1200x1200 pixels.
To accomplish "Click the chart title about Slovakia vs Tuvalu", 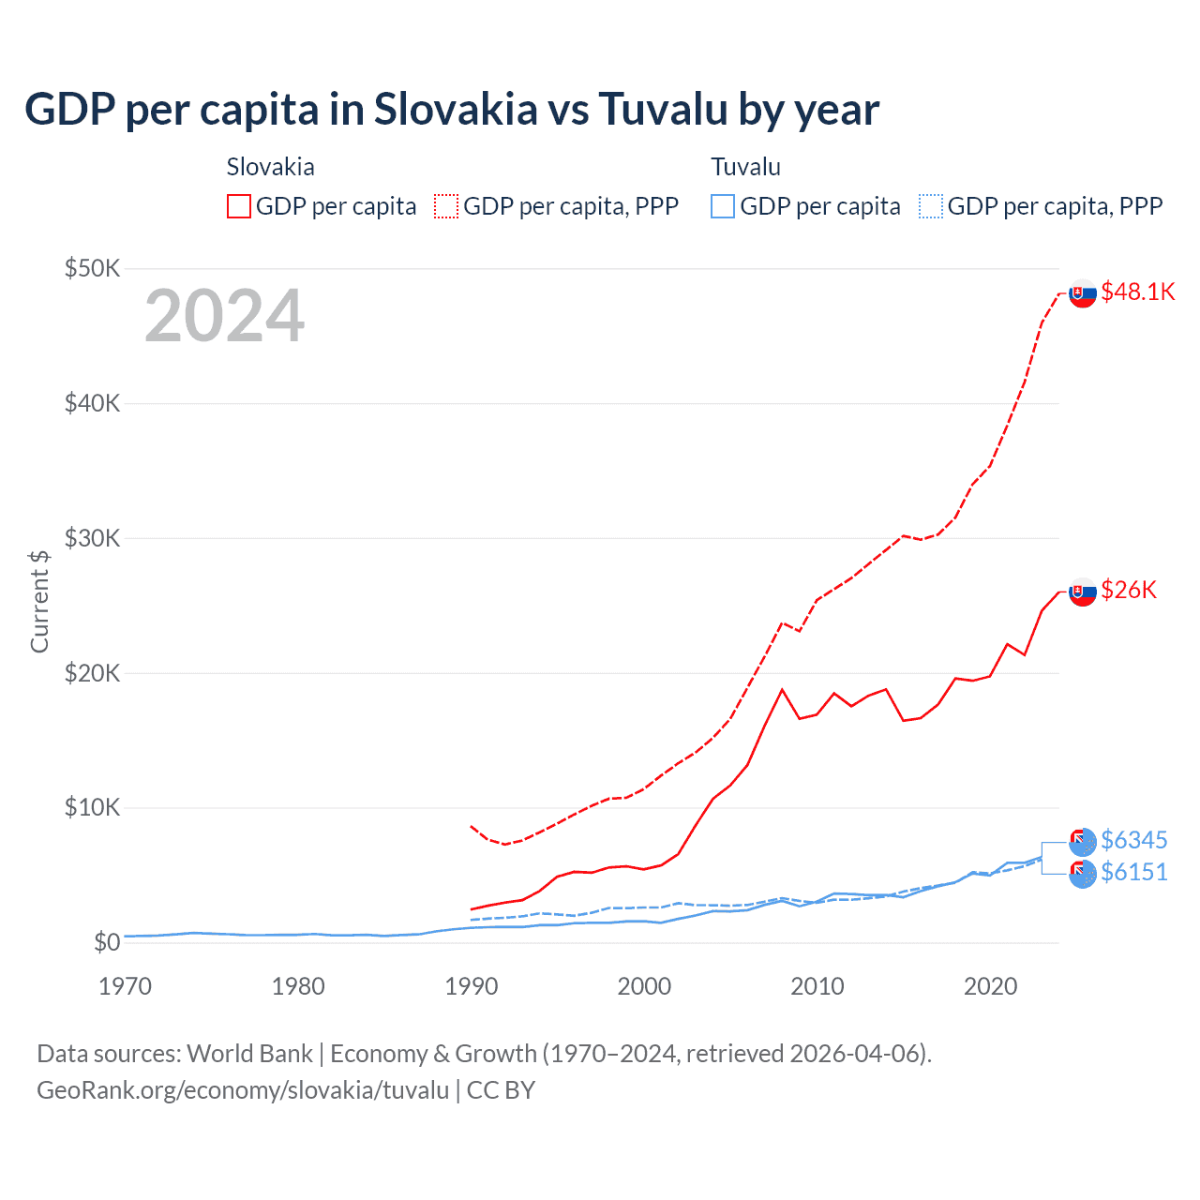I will coord(451,110).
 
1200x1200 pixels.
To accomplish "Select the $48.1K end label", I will coord(1137,292).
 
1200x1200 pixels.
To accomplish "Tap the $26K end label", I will coord(1129,590).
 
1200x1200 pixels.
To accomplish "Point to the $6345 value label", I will coord(1133,840).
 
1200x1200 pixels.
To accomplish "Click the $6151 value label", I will coord(1133,873).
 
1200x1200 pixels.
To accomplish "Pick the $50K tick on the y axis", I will coord(92,269).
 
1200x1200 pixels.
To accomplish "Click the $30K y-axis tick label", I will coord(92,538).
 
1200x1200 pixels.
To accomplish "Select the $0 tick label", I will coord(106,942).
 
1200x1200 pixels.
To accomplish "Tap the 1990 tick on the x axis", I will coord(471,986).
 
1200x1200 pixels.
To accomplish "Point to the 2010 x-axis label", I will coord(817,986).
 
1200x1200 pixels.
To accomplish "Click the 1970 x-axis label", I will coord(125,986).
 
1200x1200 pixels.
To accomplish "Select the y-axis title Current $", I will coord(39,602).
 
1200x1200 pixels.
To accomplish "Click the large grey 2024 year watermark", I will coord(224,316).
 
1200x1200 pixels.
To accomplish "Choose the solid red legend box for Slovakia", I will coord(239,206).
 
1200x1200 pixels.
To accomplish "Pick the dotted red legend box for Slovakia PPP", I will coord(446,206).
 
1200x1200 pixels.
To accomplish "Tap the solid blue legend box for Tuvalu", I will coord(723,206).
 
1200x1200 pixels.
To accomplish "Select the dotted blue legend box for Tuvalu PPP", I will coord(930,206).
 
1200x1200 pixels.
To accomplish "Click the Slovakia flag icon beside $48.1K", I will coord(1083,293).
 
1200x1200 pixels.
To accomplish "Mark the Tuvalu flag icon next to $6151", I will coord(1083,874).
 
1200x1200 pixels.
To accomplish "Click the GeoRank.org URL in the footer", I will coord(243,1090).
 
